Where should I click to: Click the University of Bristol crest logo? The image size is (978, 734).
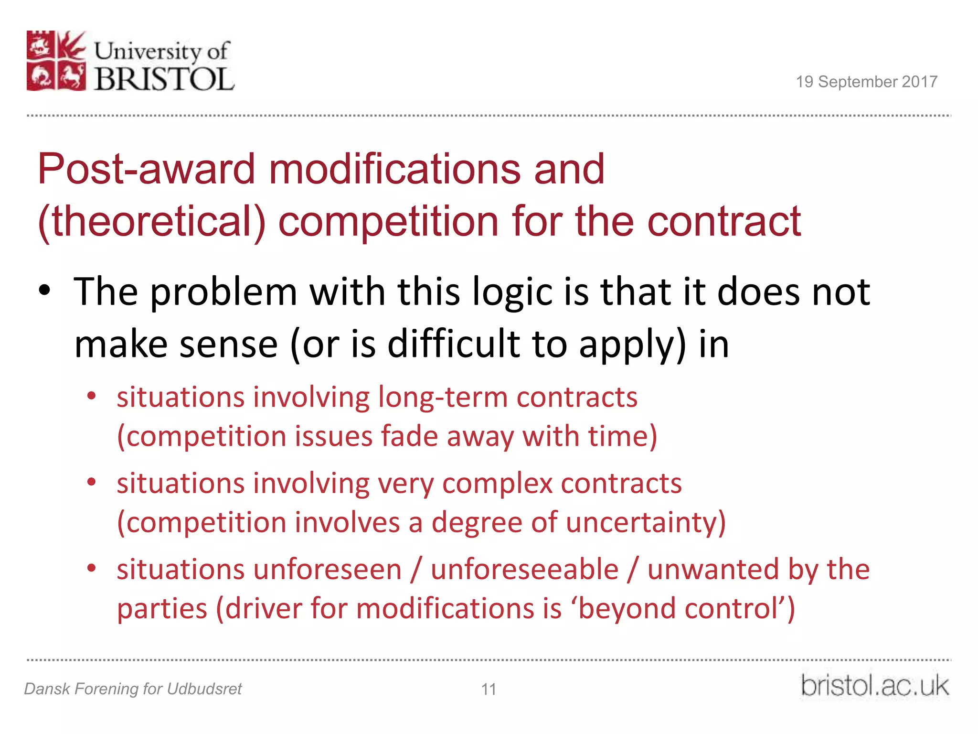[x=56, y=61]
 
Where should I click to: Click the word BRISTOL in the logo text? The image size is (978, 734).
[x=164, y=79]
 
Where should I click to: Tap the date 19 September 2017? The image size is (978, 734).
[x=866, y=82]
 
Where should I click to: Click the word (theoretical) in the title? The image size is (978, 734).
[x=152, y=221]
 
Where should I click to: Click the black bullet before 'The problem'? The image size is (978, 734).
[x=44, y=290]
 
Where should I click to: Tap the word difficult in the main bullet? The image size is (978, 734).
[x=453, y=344]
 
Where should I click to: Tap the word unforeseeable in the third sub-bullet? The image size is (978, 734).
[x=524, y=570]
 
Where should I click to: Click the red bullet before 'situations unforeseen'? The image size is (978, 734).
[x=92, y=568]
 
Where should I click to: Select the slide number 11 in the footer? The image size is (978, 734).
[x=489, y=689]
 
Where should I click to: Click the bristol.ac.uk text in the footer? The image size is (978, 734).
[x=874, y=686]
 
